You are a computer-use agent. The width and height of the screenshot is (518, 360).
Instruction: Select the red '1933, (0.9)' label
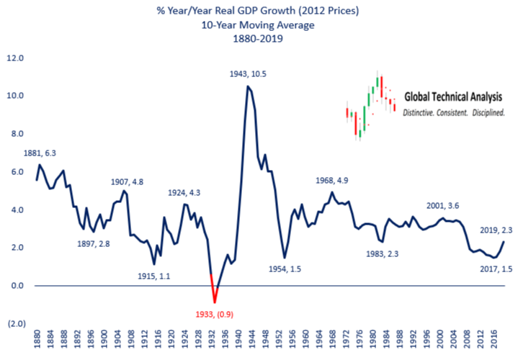pos(213,314)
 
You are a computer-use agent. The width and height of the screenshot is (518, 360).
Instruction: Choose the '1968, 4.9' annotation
pos(337,180)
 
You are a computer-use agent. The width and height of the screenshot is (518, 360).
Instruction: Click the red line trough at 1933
pos(214,302)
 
